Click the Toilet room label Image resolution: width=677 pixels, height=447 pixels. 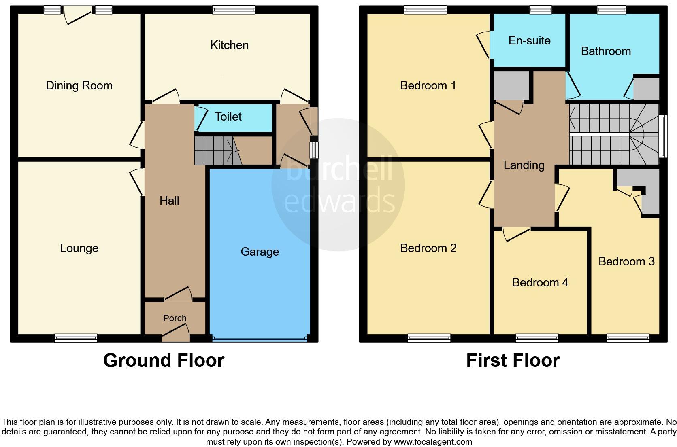click(228, 117)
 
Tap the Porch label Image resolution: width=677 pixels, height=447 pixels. click(175, 318)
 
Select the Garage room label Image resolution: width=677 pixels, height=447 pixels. click(260, 252)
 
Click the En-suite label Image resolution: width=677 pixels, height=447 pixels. click(529, 41)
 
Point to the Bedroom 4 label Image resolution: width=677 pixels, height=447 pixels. click(540, 282)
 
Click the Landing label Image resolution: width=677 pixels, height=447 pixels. click(524, 165)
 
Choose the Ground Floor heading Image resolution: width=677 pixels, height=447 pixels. click(164, 360)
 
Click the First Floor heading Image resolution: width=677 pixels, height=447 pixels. click(513, 360)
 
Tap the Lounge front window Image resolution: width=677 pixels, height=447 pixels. click(76, 338)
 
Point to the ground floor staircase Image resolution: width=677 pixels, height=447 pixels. click(213, 150)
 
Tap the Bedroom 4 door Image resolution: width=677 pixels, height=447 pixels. click(516, 234)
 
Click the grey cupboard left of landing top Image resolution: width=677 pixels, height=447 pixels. click(511, 85)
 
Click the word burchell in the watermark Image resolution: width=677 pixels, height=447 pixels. click(339, 171)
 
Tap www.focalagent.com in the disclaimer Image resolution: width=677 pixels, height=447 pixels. click(432, 442)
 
